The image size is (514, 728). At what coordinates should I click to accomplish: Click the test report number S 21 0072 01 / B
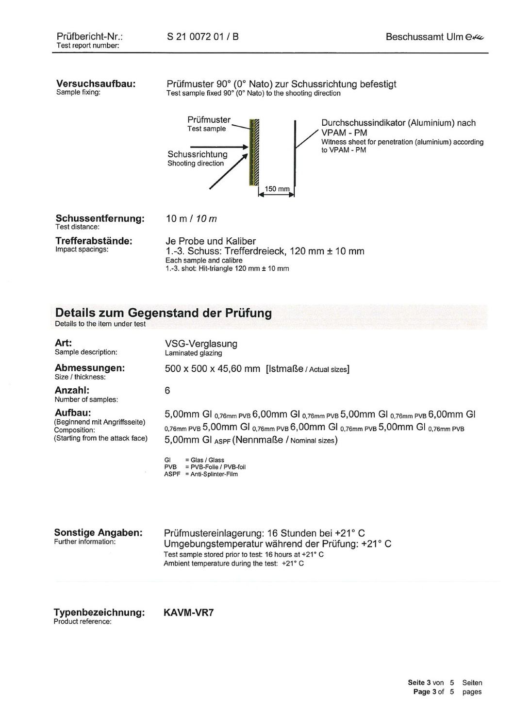[202, 37]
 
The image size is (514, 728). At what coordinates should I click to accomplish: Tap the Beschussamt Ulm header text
[424, 37]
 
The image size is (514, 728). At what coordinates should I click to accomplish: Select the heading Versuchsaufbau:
[96, 83]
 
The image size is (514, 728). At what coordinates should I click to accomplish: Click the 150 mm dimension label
[277, 189]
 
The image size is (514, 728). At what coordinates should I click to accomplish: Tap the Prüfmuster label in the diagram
[209, 120]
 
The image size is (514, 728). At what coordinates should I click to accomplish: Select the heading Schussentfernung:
[100, 218]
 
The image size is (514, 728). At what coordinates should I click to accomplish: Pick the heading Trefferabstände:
[94, 241]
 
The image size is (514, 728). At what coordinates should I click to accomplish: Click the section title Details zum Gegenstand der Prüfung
[163, 313]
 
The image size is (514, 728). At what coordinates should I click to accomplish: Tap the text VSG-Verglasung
[201, 344]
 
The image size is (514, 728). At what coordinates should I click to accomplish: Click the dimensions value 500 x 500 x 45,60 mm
[212, 369]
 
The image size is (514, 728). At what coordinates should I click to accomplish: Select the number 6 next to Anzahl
[167, 391]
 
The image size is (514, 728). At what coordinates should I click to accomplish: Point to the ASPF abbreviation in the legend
[172, 474]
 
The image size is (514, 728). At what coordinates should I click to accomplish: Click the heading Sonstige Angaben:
[98, 532]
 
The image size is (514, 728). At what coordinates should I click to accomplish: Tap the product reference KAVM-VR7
[189, 612]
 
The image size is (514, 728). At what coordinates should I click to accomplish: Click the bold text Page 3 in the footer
[425, 692]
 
